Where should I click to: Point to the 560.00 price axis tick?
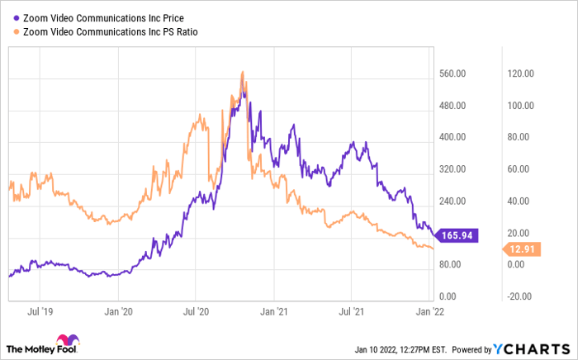[454, 73]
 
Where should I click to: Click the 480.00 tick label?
[454, 106]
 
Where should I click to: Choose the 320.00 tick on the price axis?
[454, 169]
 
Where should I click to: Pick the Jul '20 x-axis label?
[197, 312]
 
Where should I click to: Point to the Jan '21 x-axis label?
[274, 312]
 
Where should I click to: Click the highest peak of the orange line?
[243, 72]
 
